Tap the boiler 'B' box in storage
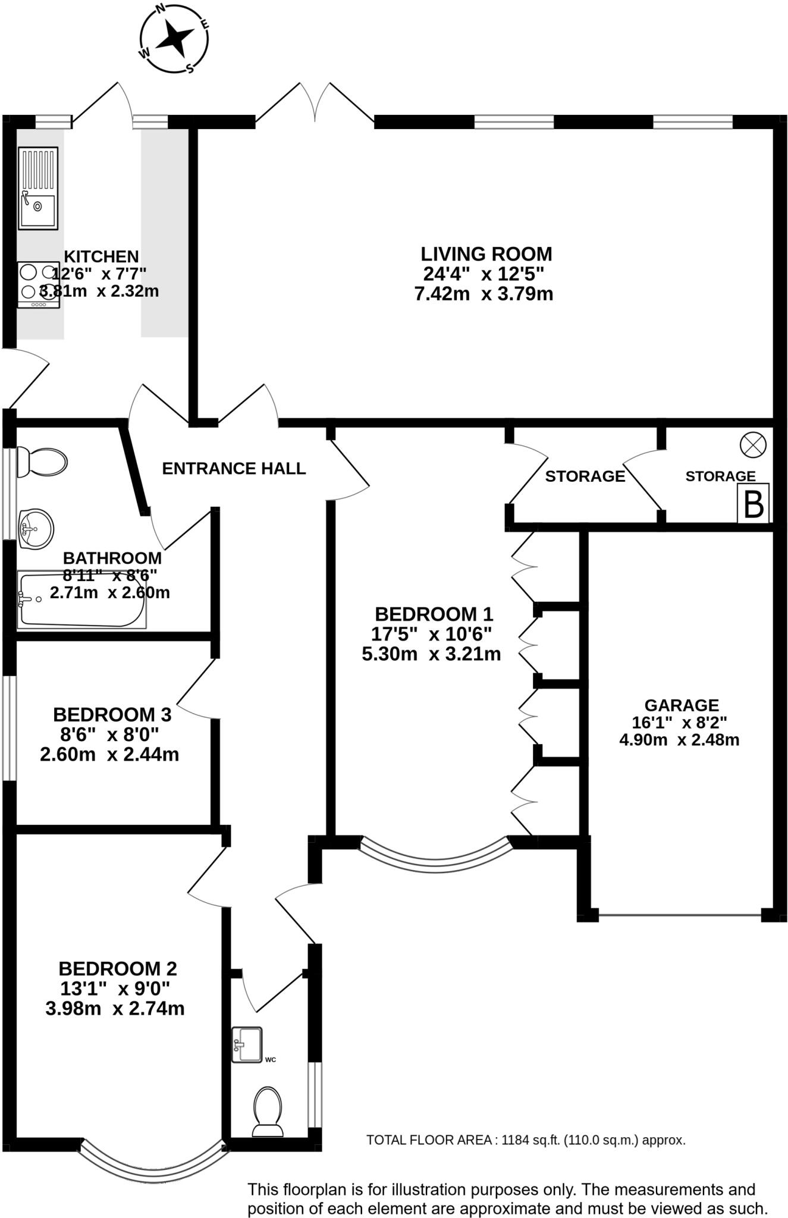click(753, 503)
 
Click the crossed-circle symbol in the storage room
click(752, 445)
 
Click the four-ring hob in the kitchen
click(39, 285)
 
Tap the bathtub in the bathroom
click(81, 599)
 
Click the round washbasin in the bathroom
click(36, 528)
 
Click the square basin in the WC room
click(247, 1044)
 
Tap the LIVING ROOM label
click(486, 254)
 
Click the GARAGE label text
click(682, 705)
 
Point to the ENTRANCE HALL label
click(234, 469)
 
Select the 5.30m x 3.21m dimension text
click(431, 654)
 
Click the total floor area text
click(526, 1140)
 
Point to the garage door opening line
click(679, 914)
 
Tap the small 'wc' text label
click(271, 1060)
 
